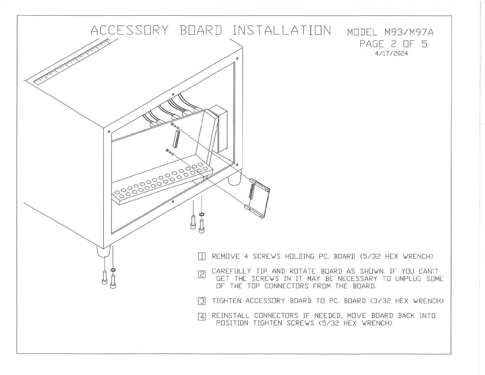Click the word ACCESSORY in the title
pos(130,30)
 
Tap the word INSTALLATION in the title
pos(281,30)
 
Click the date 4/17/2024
pos(391,53)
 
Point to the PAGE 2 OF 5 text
pos(393,44)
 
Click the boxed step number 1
pos(202,256)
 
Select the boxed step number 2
pos(202,275)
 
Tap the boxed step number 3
pos(202,301)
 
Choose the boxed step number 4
pos(202,316)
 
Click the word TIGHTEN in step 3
pos(227,301)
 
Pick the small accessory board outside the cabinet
pos(257,199)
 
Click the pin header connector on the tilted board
pos(176,139)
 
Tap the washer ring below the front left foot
pos(113,270)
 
